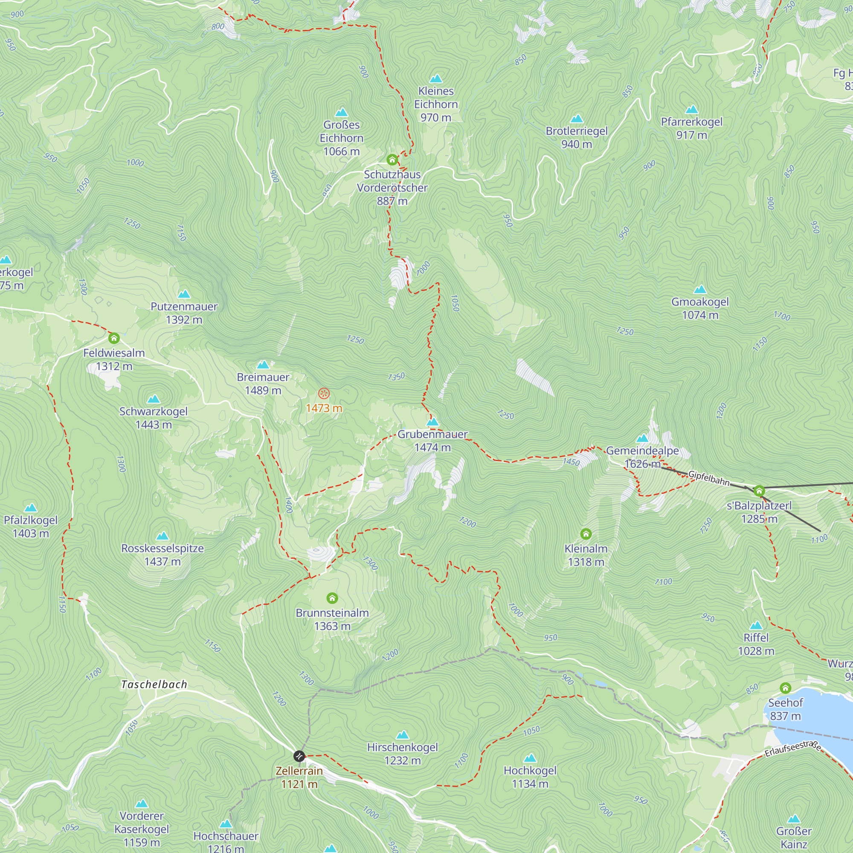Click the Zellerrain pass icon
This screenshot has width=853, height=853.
[299, 756]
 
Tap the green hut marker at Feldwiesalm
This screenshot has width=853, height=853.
[114, 339]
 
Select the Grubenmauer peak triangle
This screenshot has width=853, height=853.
[432, 422]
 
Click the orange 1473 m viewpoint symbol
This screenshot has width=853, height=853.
[324, 393]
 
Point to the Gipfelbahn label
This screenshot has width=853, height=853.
[708, 478]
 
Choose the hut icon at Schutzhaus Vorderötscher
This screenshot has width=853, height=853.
[392, 160]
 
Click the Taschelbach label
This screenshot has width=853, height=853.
[154, 685]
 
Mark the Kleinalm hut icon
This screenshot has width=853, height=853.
[586, 534]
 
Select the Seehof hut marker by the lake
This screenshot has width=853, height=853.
[785, 688]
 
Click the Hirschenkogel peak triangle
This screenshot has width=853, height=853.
[402, 735]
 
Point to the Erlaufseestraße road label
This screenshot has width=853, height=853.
[792, 749]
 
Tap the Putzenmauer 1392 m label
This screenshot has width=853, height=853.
[184, 313]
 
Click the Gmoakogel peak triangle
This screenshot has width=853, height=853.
[700, 290]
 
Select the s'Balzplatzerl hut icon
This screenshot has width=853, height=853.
[759, 491]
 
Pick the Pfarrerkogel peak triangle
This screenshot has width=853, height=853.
[691, 110]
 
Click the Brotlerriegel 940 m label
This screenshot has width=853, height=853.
[577, 137]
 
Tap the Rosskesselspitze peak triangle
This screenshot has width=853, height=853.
[162, 536]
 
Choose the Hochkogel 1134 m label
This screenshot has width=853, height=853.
[530, 777]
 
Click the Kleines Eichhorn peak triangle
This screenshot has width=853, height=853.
[436, 78]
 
